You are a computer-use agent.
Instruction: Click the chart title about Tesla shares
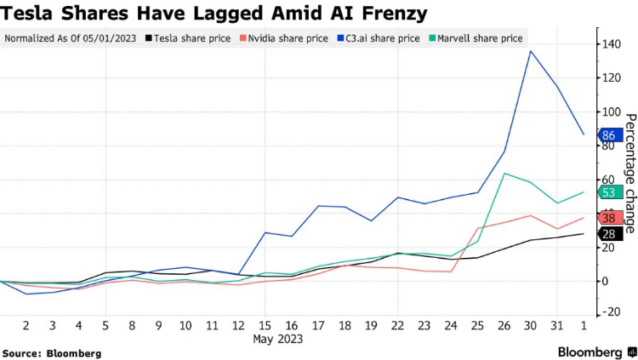point(214,14)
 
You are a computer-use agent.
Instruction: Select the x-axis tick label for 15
point(266,325)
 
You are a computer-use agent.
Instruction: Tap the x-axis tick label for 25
point(477,325)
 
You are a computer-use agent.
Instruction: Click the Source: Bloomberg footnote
point(52,352)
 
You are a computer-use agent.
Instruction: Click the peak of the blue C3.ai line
point(531,51)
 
